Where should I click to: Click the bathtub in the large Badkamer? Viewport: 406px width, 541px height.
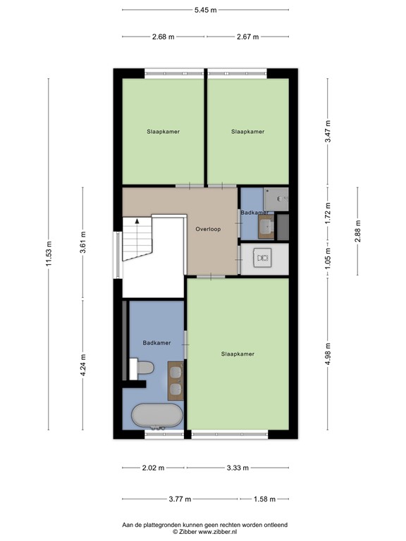point(157,416)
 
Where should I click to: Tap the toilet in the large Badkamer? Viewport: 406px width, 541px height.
point(144,367)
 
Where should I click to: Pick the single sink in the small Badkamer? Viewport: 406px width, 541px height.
point(266,224)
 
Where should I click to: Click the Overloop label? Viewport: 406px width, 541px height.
point(209,229)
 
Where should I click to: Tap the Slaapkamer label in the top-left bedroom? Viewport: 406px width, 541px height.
point(163,131)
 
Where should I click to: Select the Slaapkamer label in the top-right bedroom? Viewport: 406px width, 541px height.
point(248,131)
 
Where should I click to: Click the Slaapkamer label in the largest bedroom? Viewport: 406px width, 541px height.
point(237,354)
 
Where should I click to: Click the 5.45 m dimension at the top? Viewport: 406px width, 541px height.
point(205,10)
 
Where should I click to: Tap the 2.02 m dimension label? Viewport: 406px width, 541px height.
point(152,468)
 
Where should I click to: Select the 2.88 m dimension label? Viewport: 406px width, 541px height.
point(358,232)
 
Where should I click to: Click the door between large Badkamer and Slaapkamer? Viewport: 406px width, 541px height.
point(185,344)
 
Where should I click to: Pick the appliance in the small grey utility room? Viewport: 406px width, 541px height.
point(264,259)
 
